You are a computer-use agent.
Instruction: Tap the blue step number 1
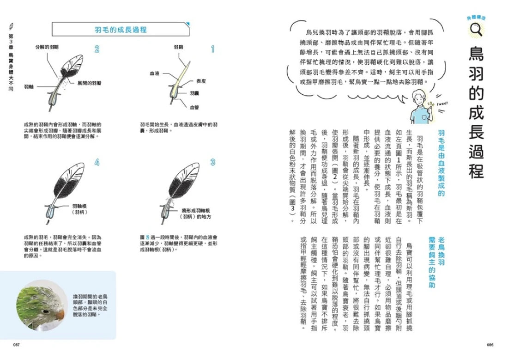tap(213, 49)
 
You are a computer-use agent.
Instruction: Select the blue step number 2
tap(97, 49)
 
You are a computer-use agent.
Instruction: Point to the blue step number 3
tap(213, 162)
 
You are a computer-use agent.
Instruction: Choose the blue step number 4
tap(97, 162)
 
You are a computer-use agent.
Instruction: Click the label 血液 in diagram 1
tap(154, 73)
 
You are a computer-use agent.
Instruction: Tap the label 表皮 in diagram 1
tap(201, 81)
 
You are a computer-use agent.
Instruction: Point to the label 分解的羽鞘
tap(47, 47)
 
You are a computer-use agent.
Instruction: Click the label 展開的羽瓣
tap(89, 82)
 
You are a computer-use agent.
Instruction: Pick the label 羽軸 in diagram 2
tap(29, 86)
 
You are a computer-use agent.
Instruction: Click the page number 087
tap(16, 345)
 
